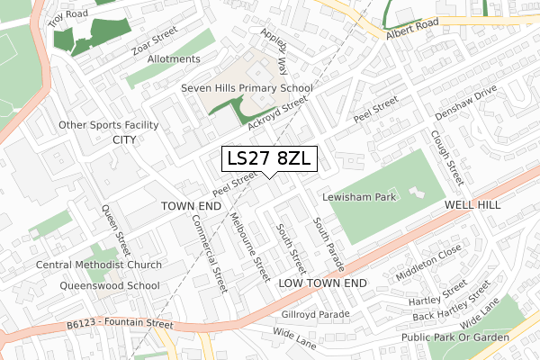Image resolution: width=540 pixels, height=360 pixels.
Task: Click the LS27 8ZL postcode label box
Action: click(x=269, y=158)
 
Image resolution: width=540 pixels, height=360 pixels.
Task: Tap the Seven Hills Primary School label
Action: click(x=246, y=88)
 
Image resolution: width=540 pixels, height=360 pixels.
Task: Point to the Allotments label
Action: click(x=172, y=59)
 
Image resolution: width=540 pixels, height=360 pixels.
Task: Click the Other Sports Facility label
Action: click(x=109, y=124)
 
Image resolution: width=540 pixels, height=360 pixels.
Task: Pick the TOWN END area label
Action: click(x=191, y=206)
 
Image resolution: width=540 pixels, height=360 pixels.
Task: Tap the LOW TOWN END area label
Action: click(x=323, y=283)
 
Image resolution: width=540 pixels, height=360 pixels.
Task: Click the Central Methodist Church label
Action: click(x=99, y=265)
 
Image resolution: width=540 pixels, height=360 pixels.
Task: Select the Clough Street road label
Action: click(x=445, y=154)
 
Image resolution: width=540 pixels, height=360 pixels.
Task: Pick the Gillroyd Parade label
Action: click(x=315, y=315)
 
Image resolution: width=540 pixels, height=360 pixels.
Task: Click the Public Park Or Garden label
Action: click(x=456, y=337)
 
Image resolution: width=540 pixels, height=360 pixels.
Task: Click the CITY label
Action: click(x=123, y=140)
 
